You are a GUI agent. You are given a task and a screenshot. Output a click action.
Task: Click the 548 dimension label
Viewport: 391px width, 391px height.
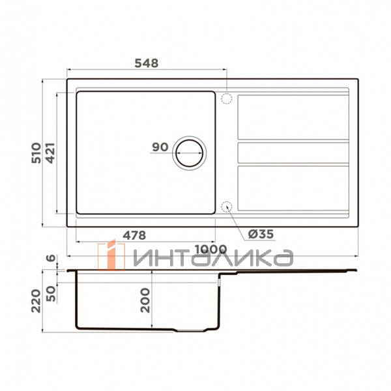click(146, 63)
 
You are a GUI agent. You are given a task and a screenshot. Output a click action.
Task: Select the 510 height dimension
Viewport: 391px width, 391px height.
click(36, 152)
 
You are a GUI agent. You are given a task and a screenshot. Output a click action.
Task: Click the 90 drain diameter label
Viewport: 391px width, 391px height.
click(160, 147)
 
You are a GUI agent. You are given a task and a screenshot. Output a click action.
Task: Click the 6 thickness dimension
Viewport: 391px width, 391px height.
click(51, 258)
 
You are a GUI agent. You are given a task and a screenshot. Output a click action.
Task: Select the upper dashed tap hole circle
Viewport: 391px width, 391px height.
click(227, 99)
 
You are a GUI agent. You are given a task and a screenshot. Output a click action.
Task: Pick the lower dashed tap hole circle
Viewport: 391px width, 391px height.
click(227, 207)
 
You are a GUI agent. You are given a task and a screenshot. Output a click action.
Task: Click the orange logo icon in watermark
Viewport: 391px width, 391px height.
click(111, 255)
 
